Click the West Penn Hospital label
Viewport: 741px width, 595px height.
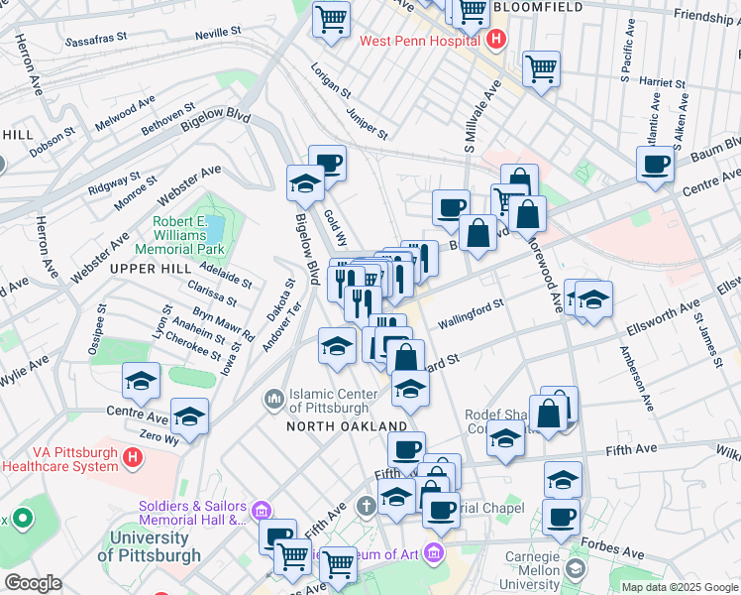420,41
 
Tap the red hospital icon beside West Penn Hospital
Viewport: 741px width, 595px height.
496,41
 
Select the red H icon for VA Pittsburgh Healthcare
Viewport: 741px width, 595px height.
133,457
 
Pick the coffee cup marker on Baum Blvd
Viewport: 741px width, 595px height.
655,165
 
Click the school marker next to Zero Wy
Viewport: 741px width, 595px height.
189,416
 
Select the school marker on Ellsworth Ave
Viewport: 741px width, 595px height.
593,298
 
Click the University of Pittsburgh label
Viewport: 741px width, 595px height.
149,546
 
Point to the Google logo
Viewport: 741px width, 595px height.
33,583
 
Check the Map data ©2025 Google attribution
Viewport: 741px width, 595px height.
679,587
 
